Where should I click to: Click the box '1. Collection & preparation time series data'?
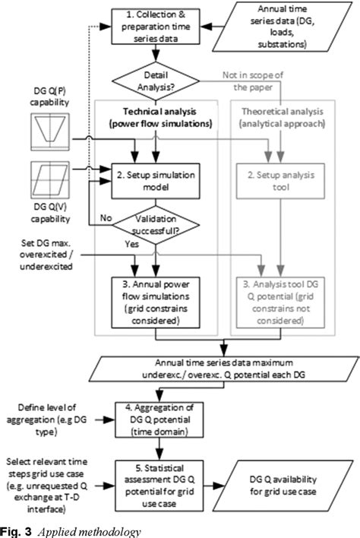[157, 24]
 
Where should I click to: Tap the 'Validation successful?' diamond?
[157, 220]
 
